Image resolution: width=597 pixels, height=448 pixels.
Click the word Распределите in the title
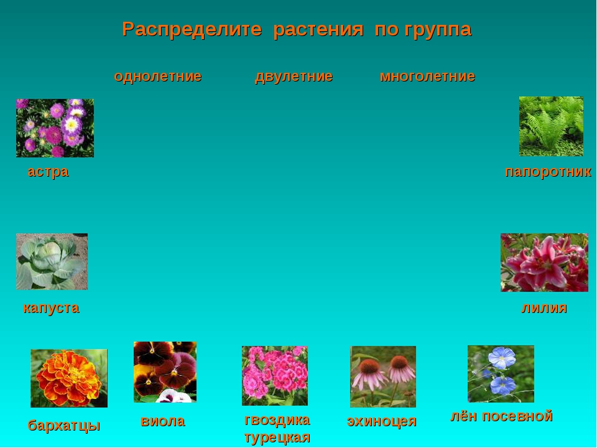[192, 29]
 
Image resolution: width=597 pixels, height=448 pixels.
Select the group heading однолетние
[157, 76]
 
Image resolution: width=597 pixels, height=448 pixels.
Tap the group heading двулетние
[294, 77]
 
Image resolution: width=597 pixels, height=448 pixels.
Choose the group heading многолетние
[427, 76]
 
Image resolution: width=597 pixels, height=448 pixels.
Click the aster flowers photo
[55, 128]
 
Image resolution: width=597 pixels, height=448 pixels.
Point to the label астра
[48, 172]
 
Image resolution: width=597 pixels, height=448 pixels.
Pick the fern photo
[551, 126]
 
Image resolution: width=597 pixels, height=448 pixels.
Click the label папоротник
[548, 172]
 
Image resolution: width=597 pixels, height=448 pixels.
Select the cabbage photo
[52, 262]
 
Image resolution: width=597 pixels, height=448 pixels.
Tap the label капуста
[51, 308]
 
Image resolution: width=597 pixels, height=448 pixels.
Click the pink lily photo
[545, 263]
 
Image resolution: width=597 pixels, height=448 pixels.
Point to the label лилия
[544, 308]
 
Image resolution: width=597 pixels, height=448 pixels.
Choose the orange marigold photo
[69, 378]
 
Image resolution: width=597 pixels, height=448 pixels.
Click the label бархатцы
[64, 425]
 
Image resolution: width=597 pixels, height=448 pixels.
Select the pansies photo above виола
[165, 372]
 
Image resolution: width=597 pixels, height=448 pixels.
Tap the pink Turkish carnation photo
[274, 376]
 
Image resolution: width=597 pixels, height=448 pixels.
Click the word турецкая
[277, 437]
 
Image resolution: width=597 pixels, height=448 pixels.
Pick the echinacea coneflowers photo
[383, 376]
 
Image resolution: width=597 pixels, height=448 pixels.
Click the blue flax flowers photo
[501, 374]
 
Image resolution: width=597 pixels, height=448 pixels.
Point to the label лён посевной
[501, 416]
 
